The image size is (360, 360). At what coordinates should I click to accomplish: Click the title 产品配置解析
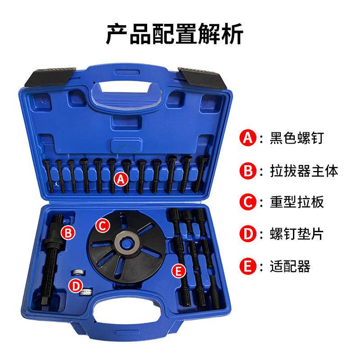pos(180,34)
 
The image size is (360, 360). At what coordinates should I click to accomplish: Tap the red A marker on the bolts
pos(121,179)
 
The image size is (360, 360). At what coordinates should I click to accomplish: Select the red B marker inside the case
pos(68,233)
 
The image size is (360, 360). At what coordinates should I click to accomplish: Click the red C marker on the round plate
pos(103,225)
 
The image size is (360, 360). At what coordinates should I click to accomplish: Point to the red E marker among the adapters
pos(179,270)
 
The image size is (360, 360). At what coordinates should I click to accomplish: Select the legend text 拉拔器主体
pos(305,171)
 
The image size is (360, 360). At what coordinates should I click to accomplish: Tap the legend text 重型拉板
pos(297,202)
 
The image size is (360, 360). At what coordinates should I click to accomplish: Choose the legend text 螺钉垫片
pos(297,234)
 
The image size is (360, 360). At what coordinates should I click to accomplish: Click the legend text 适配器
pos(291,266)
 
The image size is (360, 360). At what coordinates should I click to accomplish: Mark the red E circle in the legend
pos(247,266)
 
